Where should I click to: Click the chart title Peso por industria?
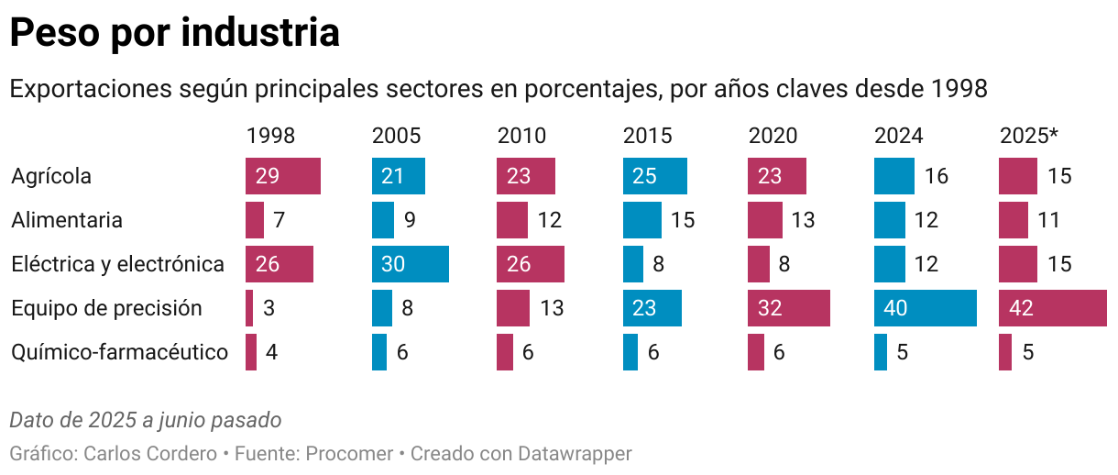pyautogui.click(x=174, y=33)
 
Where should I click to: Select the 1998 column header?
pyautogui.click(x=270, y=136)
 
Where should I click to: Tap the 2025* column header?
pyautogui.click(x=1028, y=136)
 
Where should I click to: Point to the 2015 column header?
pyautogui.click(x=647, y=136)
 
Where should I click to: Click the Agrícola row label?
pyautogui.click(x=51, y=176)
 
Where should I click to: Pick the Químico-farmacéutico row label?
pyautogui.click(x=119, y=352)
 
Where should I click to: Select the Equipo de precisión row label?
pyautogui.click(x=106, y=308)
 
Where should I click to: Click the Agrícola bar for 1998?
pyautogui.click(x=283, y=176)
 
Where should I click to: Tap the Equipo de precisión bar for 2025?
pyautogui.click(x=1052, y=308)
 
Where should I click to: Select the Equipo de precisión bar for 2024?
pyautogui.click(x=926, y=308)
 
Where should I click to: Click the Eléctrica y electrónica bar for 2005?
pyautogui.click(x=411, y=264)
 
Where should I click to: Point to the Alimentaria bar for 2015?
pyautogui.click(x=642, y=220)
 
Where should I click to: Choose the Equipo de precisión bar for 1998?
pyautogui.click(x=249, y=308)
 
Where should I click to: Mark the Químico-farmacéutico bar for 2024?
pyautogui.click(x=881, y=352)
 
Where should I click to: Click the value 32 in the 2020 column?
pyautogui.click(x=770, y=308)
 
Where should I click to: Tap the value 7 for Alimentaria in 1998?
pyautogui.click(x=281, y=220)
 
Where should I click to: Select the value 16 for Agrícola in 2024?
pyautogui.click(x=936, y=176)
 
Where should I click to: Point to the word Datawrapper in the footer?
pyautogui.click(x=575, y=453)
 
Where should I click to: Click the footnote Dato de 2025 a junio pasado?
pyautogui.click(x=145, y=420)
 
